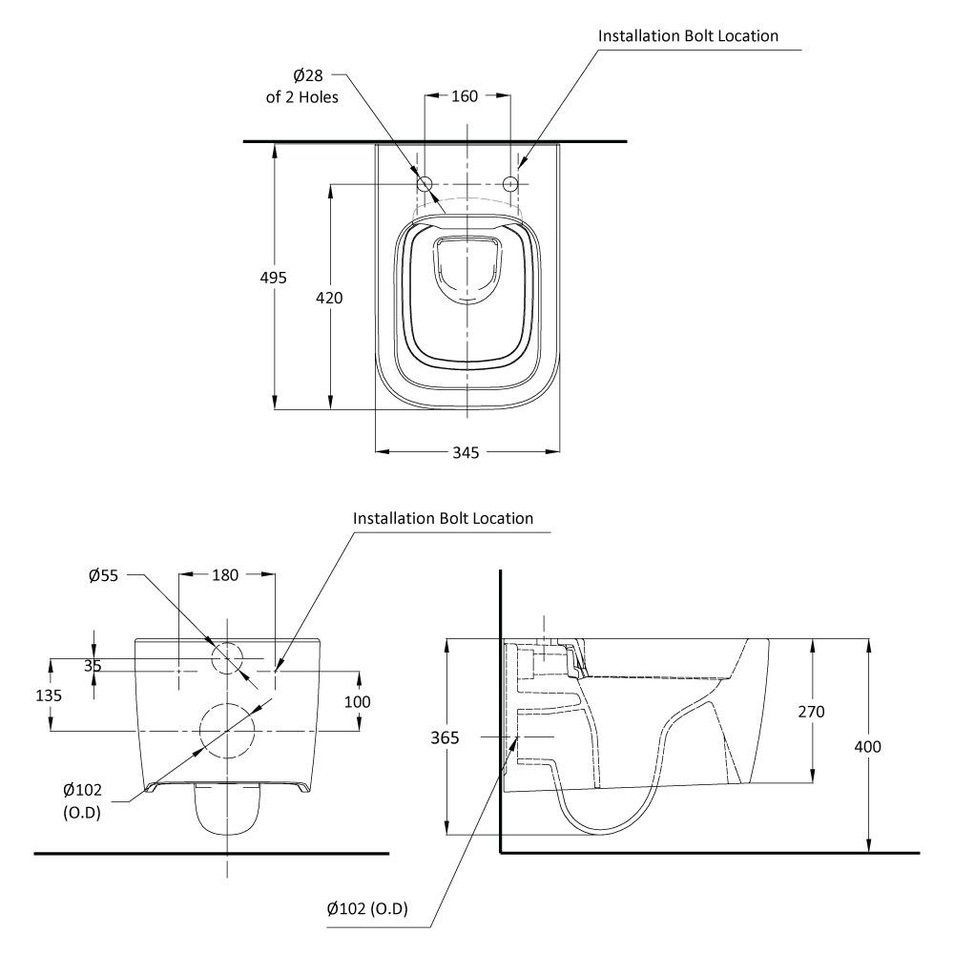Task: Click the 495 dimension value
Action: pyautogui.click(x=273, y=277)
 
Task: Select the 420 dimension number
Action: pyautogui.click(x=329, y=298)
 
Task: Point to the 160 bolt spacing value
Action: pyautogui.click(x=466, y=95)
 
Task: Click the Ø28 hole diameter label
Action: pyautogui.click(x=309, y=75)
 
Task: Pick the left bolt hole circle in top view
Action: pyautogui.click(x=425, y=182)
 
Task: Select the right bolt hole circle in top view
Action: pyautogui.click(x=510, y=182)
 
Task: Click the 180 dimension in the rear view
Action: pyautogui.click(x=226, y=574)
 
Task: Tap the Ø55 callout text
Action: pyautogui.click(x=104, y=575)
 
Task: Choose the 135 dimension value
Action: pyautogui.click(x=49, y=695)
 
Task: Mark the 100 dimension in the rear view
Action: pyautogui.click(x=357, y=701)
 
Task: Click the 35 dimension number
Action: pyautogui.click(x=92, y=666)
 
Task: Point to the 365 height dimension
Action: pyautogui.click(x=446, y=737)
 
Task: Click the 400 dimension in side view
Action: pyautogui.click(x=868, y=746)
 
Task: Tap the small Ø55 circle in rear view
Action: pyautogui.click(x=228, y=657)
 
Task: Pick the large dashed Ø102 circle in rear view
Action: pyautogui.click(x=227, y=730)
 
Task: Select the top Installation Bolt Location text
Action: pyautogui.click(x=688, y=35)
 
